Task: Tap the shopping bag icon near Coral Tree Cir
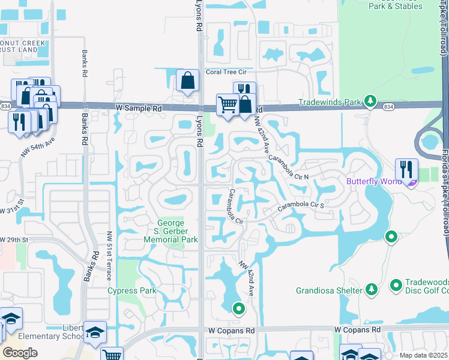[x=187, y=80]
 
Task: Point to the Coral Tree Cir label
[x=226, y=72]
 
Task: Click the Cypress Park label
[x=132, y=291]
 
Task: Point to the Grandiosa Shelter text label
[x=330, y=290]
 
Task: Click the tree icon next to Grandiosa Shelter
[x=372, y=290]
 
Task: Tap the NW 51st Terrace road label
[x=109, y=265]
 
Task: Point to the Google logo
[x=20, y=353]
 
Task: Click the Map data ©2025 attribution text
[x=424, y=355]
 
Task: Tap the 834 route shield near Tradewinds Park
[x=388, y=107]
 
